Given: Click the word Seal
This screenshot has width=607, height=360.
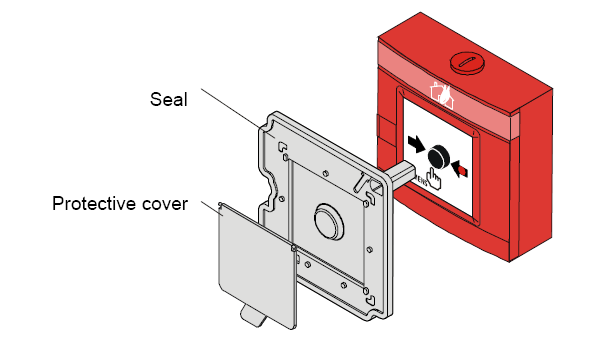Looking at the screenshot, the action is pos(168,99).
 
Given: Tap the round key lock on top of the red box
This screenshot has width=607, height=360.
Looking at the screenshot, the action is pos(467,62).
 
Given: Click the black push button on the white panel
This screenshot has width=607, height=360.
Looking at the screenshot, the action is pos(439,157).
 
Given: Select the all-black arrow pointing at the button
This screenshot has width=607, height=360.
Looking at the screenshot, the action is pos(416,144).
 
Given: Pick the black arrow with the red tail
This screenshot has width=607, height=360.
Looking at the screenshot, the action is pos(460,168).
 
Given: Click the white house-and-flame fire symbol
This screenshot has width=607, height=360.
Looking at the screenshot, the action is pos(442,95).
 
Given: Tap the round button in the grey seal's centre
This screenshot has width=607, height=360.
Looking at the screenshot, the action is pos(329,221).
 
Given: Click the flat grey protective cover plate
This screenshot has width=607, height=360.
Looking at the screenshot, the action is pos(257,265).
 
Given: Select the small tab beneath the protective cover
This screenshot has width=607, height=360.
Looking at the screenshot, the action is pos(253,315).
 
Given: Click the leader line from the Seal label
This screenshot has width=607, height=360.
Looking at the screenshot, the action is pos(230,108).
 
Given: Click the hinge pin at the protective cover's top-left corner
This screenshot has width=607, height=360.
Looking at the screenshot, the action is pos(220,204).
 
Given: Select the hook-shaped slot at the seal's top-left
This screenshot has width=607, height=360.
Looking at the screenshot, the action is pos(283,146).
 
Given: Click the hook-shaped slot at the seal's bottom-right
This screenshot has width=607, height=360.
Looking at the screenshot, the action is pos(370,300).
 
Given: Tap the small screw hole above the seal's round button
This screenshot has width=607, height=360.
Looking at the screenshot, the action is pos(326,173).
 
